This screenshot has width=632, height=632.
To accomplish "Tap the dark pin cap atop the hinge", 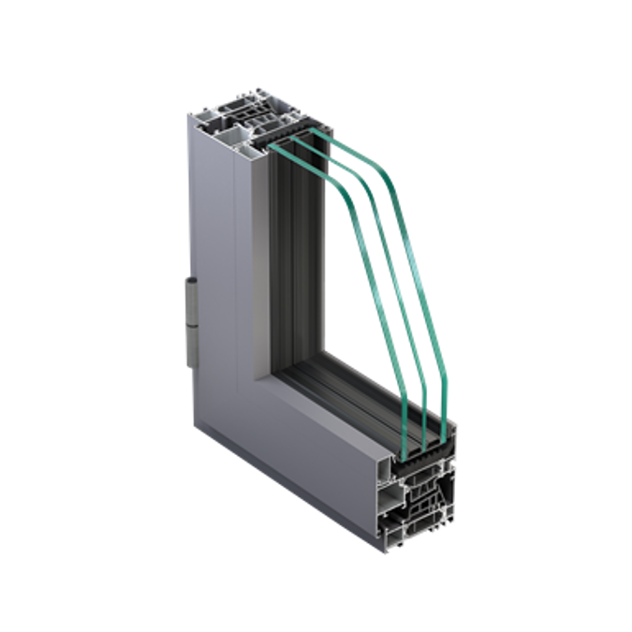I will click(192, 281).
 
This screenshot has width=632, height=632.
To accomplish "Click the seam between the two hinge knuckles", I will click(192, 316).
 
